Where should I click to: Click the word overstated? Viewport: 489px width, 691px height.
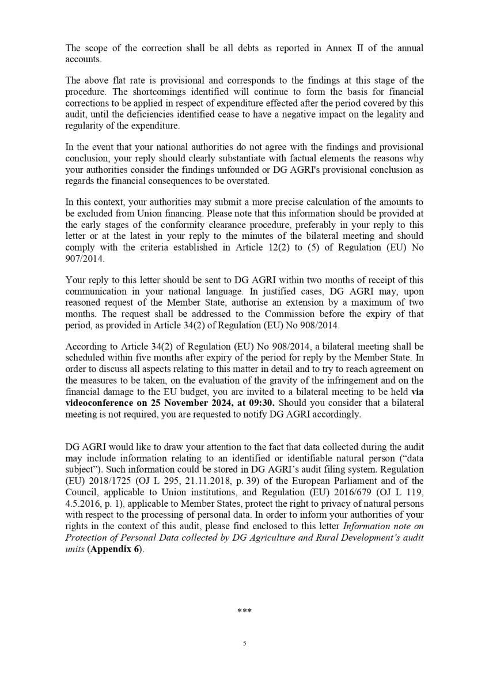tap(245, 181)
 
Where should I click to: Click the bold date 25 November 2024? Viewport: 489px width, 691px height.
tap(195, 403)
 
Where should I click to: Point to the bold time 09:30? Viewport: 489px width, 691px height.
tap(263, 403)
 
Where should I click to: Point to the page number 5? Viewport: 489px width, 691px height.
tap(245, 644)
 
